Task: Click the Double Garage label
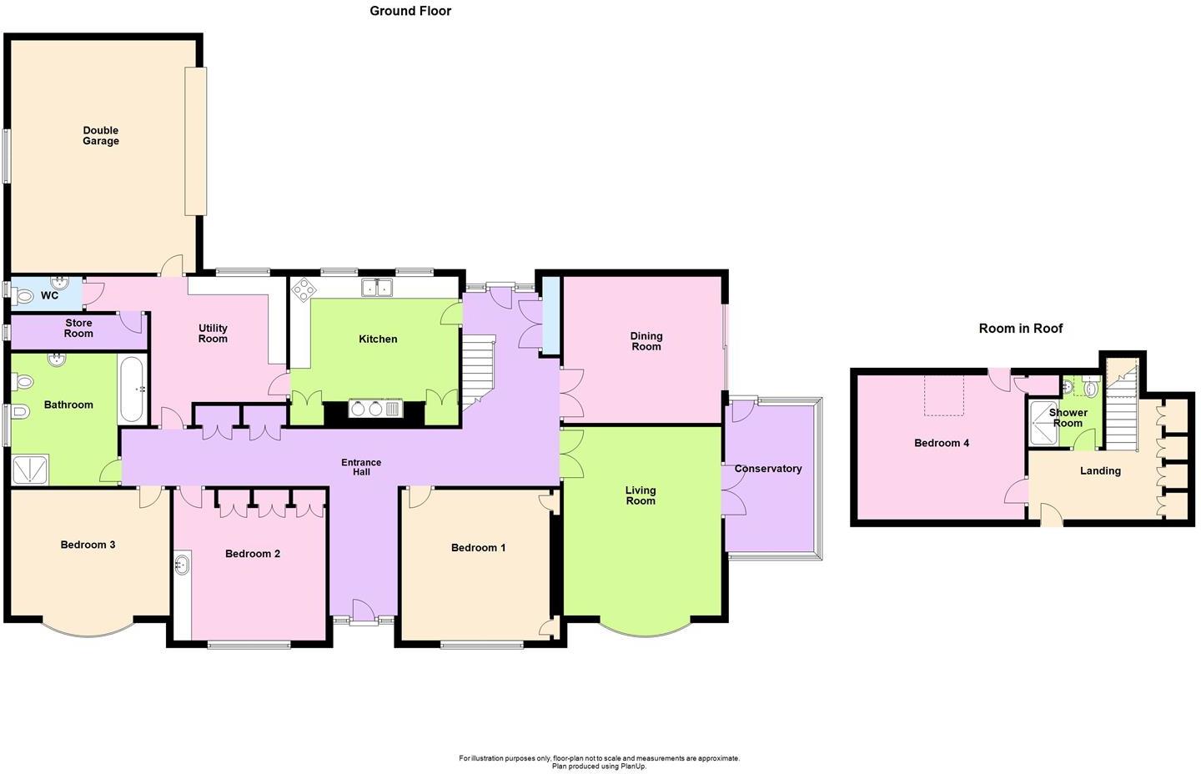tap(101, 136)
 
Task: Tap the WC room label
tap(49, 295)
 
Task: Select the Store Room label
tap(78, 329)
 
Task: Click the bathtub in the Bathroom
tap(133, 390)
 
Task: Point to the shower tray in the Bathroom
tap(31, 470)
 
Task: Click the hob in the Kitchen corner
tap(303, 289)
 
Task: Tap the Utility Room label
tap(213, 334)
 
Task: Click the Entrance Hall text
tap(361, 467)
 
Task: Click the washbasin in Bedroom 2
tap(182, 565)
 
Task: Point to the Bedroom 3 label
tap(88, 545)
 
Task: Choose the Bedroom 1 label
tap(478, 548)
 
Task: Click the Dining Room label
tap(646, 341)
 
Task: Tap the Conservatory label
tap(767, 469)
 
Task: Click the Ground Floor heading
tap(410, 11)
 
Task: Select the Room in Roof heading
tap(1020, 329)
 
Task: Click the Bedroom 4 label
tap(942, 443)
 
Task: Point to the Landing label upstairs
tap(1100, 470)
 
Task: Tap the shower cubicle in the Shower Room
tap(1043, 423)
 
